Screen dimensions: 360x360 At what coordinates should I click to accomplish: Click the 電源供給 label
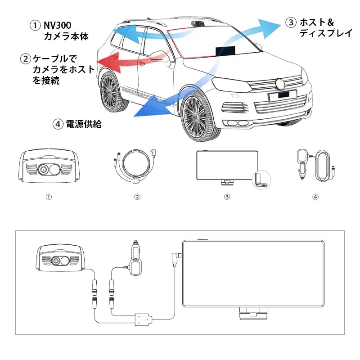click(84, 124)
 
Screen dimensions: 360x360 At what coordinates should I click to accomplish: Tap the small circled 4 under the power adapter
click(315, 197)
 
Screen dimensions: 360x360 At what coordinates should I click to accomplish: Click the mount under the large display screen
click(253, 312)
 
